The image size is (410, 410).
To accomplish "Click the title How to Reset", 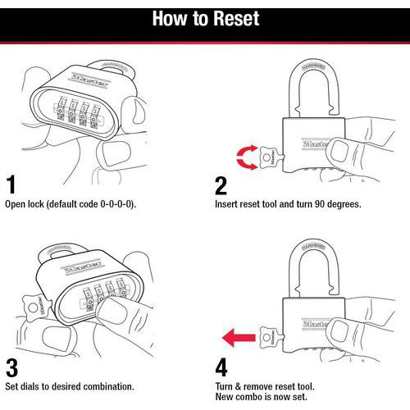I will coord(205,19).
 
